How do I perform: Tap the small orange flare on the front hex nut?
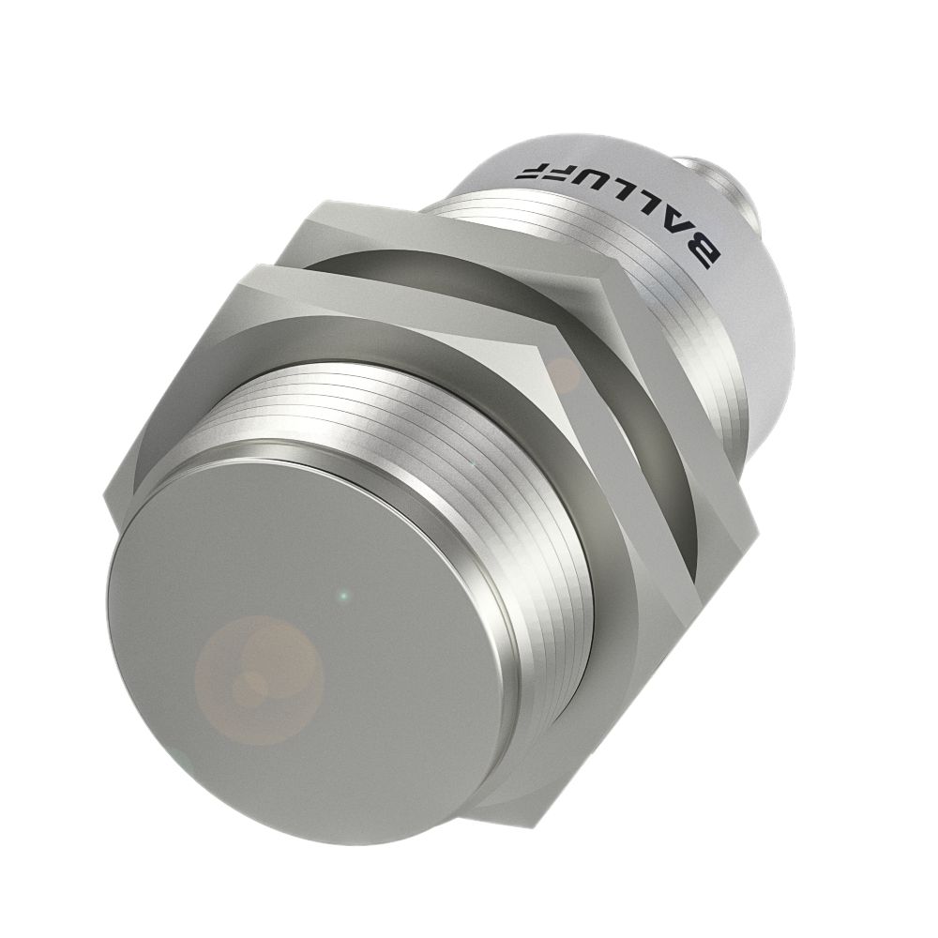565,375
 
